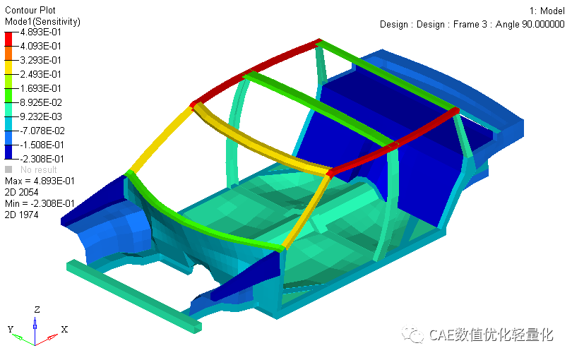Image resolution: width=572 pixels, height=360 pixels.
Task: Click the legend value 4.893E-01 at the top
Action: click(41, 32)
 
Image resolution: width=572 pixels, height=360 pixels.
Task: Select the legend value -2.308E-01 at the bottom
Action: click(42, 159)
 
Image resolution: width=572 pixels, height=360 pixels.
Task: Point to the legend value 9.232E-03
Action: click(41, 116)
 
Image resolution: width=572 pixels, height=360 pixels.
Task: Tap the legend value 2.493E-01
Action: click(41, 74)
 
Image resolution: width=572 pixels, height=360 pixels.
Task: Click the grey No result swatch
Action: click(8, 169)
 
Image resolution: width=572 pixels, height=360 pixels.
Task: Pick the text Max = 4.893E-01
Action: click(40, 181)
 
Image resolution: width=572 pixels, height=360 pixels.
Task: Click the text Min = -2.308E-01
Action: click(40, 203)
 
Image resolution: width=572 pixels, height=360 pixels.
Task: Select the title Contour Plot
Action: click(30, 10)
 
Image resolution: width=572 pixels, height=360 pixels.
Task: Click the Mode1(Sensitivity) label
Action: click(42, 21)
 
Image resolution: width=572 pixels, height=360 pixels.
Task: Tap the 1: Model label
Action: click(547, 11)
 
